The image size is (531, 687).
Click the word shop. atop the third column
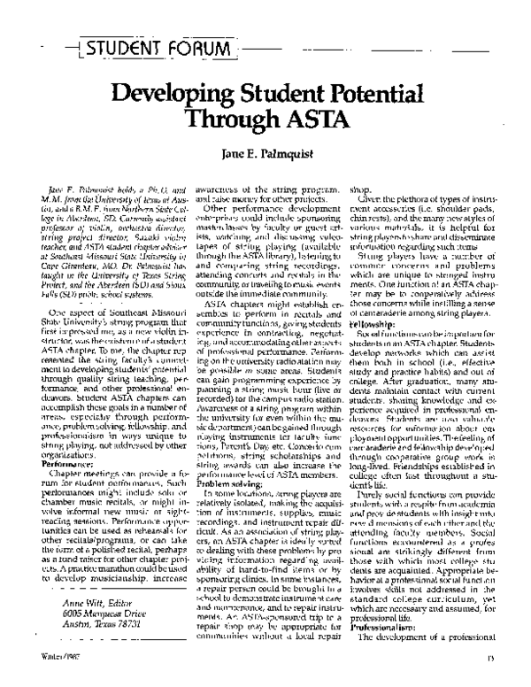tap(361, 188)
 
